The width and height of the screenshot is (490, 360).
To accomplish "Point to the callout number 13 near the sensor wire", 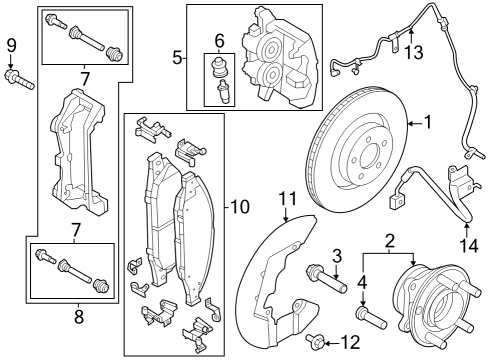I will point(411,53).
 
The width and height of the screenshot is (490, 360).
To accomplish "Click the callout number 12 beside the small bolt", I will point(348,342).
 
